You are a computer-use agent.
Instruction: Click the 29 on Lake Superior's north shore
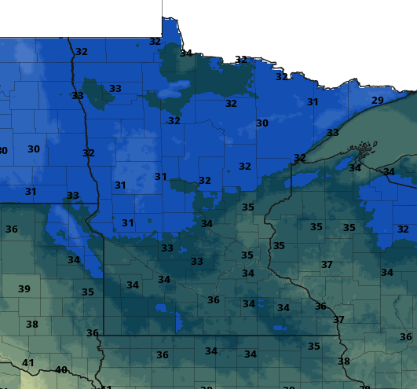[378, 100]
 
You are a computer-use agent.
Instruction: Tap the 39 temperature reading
[24, 289]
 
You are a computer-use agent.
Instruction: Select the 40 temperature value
[61, 370]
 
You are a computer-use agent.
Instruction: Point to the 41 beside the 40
[28, 362]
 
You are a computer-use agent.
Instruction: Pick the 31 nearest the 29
[313, 102]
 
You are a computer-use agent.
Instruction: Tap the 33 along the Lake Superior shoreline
[332, 133]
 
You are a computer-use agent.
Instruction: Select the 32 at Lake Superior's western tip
[299, 157]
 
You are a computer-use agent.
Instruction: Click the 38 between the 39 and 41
[32, 324]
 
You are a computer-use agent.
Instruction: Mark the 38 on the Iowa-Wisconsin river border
[343, 361]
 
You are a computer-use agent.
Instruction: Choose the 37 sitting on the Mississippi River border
[338, 320]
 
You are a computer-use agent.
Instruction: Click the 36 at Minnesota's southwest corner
[92, 333]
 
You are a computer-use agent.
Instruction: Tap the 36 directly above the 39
[12, 229]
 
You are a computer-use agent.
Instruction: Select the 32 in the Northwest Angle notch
[155, 42]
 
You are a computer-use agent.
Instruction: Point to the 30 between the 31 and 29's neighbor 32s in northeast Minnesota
[262, 123]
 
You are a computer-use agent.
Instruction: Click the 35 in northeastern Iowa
[314, 346]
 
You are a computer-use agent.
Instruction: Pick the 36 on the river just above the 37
[320, 306]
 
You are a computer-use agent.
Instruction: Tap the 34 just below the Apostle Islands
[355, 167]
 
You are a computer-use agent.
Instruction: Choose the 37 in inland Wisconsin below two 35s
[327, 265]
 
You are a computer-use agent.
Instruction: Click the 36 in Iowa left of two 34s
[162, 355]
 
